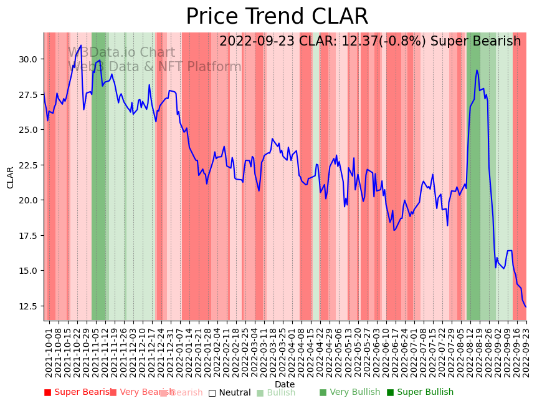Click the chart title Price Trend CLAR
pyautogui.click(x=277, y=17)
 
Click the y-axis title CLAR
pyautogui.click(x=11, y=177)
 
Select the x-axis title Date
pyautogui.click(x=285, y=384)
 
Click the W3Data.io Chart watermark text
pyautogui.click(x=121, y=53)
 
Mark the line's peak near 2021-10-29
pyautogui.click(x=81, y=45)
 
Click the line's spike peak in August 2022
pyautogui.click(x=477, y=70)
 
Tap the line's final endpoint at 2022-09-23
pyautogui.click(x=526, y=308)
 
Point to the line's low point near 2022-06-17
pyautogui.click(x=394, y=230)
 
